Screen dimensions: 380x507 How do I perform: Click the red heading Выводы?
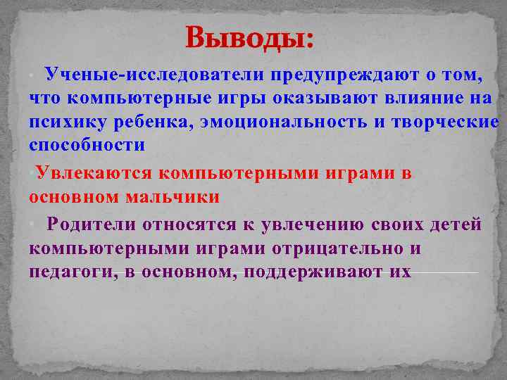click(x=250, y=37)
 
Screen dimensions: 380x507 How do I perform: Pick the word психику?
click(x=67, y=122)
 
